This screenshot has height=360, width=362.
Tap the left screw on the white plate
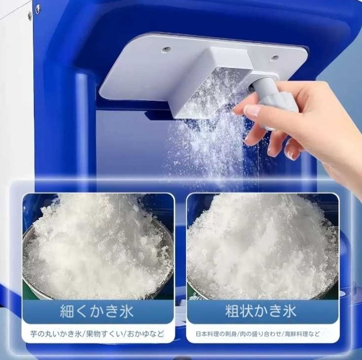166,49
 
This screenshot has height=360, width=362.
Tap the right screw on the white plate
274,58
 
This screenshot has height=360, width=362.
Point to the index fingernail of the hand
252,111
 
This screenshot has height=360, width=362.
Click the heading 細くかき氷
96,311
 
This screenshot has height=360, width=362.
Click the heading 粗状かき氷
261,311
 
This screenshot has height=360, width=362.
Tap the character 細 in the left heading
67,311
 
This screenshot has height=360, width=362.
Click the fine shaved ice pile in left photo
96,246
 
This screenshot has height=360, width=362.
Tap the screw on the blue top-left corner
38,8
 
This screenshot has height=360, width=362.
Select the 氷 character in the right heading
289,311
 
